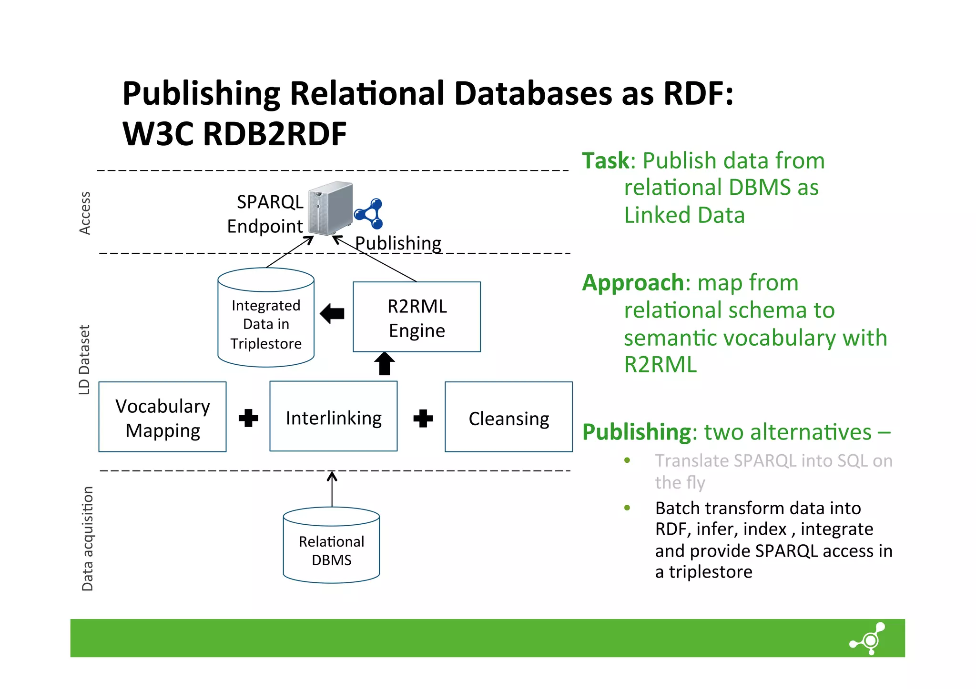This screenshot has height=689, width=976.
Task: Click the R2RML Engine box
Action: click(x=417, y=317)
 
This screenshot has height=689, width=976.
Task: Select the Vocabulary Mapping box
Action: click(x=163, y=417)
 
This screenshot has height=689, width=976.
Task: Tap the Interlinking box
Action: click(x=333, y=417)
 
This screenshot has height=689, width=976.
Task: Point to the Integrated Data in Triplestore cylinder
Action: click(x=266, y=319)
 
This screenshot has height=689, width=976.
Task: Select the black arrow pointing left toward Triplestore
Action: click(x=332, y=314)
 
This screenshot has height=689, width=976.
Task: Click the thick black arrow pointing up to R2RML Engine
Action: click(x=385, y=364)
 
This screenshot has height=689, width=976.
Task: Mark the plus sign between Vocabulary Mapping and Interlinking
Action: click(x=248, y=418)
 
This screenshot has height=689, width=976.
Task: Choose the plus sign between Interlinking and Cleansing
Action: click(x=423, y=418)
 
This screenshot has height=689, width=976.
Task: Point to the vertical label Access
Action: click(x=85, y=213)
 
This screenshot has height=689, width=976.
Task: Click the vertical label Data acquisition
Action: click(x=87, y=539)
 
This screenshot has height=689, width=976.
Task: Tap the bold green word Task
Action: click(x=606, y=161)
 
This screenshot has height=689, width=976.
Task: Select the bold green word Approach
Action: click(x=633, y=283)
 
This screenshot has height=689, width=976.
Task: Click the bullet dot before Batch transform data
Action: click(x=627, y=508)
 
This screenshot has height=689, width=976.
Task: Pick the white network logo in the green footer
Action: click(x=869, y=639)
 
